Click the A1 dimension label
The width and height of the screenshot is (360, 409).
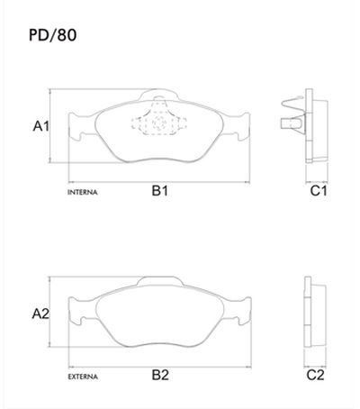click(40, 127)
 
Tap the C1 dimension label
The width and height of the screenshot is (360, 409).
click(319, 191)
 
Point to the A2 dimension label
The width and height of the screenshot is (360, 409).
click(40, 314)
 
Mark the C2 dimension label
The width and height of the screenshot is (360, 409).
click(316, 374)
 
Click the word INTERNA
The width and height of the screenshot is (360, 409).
click(83, 193)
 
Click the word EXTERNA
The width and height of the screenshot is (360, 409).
click(84, 376)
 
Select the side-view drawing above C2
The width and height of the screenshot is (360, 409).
click(315, 313)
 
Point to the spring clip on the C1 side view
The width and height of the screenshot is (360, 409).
click(292, 116)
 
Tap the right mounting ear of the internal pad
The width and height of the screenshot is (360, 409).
click(240, 131)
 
